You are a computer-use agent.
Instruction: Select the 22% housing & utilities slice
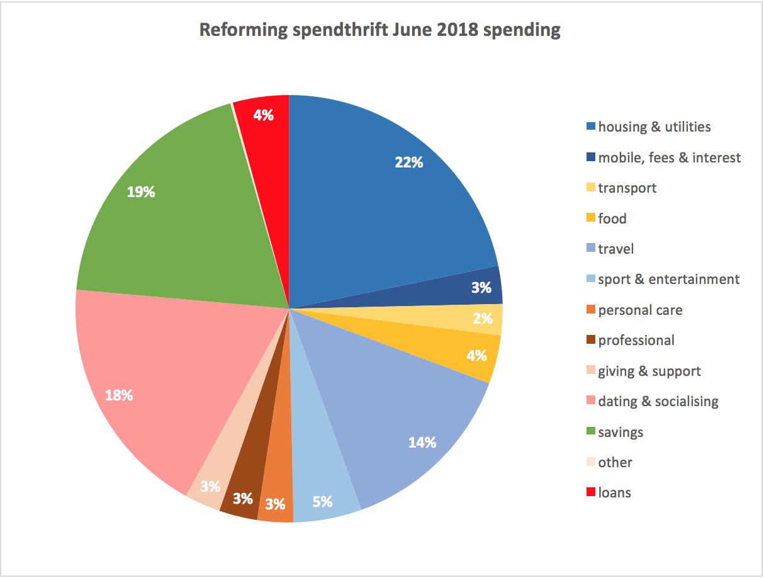click(x=378, y=201)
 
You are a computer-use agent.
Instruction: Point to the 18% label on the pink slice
click(x=119, y=395)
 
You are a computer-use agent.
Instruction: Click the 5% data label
click(x=322, y=502)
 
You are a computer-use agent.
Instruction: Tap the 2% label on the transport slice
click(x=483, y=319)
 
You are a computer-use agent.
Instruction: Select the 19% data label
click(x=141, y=192)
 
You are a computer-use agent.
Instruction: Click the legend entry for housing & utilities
click(x=654, y=127)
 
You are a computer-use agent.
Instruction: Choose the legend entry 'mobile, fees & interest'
click(x=669, y=157)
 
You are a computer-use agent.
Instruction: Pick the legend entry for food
click(x=612, y=218)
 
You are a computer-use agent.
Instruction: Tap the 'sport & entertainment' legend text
click(x=668, y=279)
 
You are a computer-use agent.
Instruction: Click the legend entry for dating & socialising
click(x=658, y=401)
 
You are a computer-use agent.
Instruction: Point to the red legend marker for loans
click(x=590, y=493)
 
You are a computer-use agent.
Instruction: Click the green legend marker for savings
click(x=590, y=432)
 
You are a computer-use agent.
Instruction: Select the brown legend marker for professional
click(x=590, y=341)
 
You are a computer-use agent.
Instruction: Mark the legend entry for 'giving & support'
click(x=649, y=371)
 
